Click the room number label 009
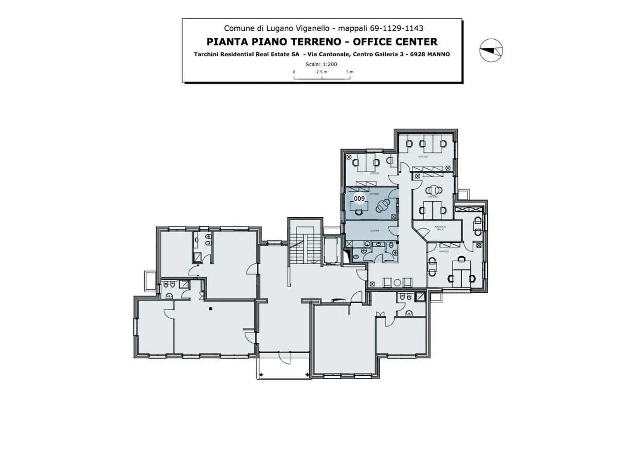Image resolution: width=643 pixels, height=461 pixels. pyautogui.click(x=359, y=198)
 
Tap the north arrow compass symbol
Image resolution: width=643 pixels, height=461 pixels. pyautogui.click(x=491, y=50)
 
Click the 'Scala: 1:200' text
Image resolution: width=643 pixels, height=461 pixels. pyautogui.click(x=321, y=64)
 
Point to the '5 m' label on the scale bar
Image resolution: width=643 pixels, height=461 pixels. pyautogui.click(x=349, y=72)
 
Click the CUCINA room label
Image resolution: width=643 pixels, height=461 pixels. pyautogui.click(x=374, y=231)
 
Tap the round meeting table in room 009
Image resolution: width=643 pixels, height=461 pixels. pyautogui.click(x=382, y=206)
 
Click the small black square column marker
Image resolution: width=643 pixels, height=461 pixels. pyautogui.click(x=210, y=308)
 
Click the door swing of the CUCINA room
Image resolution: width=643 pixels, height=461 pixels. pyautogui.click(x=392, y=230)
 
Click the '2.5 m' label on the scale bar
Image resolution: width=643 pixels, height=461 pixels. pyautogui.click(x=321, y=72)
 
